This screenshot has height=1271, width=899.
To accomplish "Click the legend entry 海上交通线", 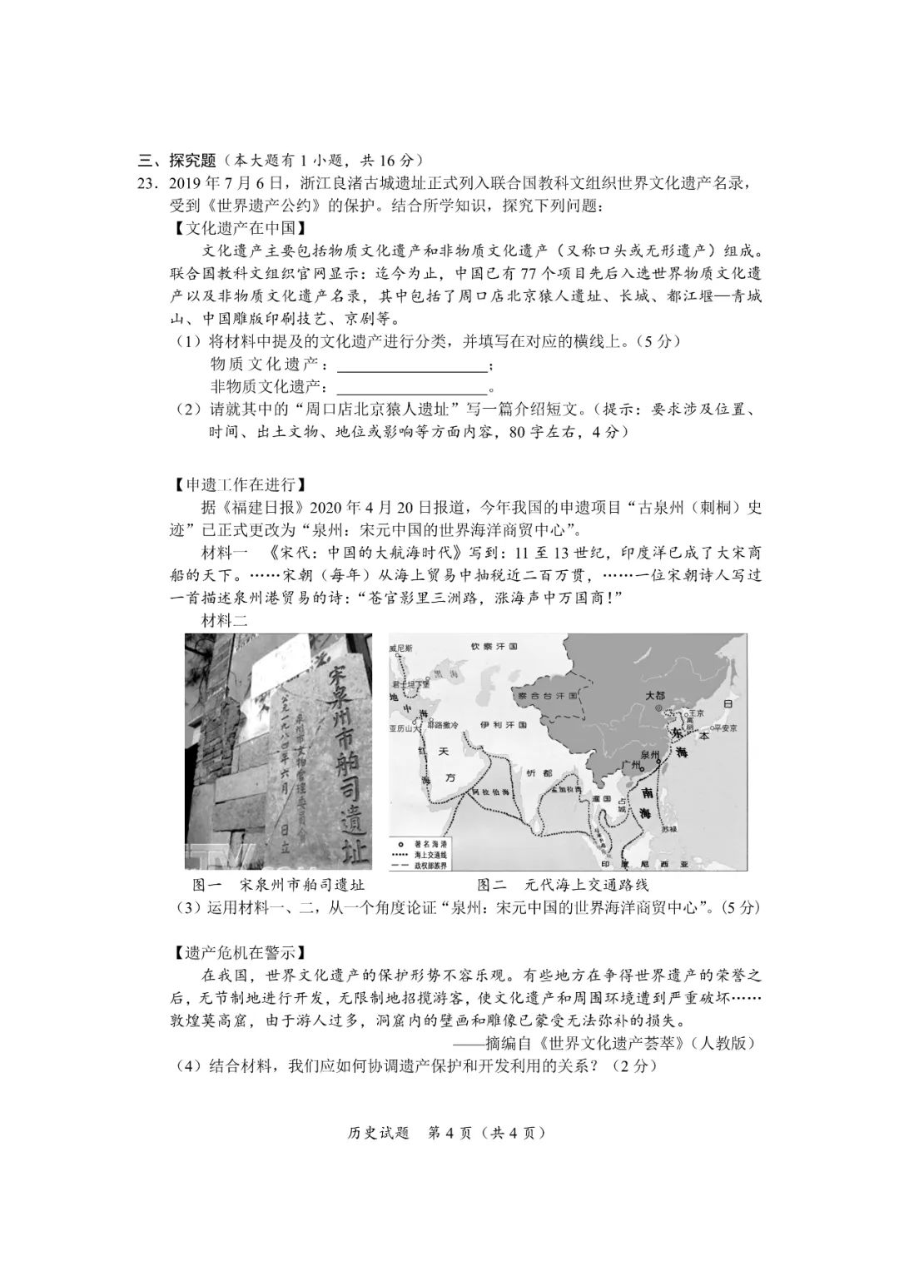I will pos(432,854).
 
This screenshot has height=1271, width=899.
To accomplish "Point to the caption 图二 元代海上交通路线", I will pos(562,885).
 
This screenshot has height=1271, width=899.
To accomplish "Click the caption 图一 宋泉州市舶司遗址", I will pos(278,885).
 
